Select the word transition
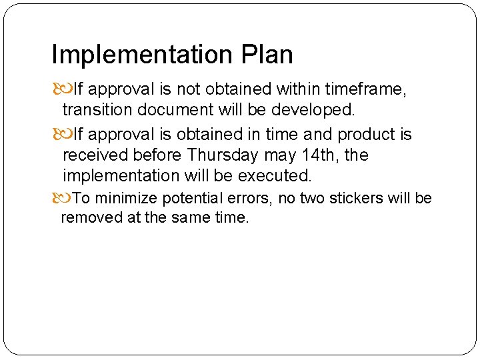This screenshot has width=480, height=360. pyautogui.click(x=96, y=109)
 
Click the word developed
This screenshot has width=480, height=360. pyautogui.click(x=313, y=109)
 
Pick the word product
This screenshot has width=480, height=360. pyautogui.click(x=367, y=135)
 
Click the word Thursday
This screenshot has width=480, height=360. pyautogui.click(x=223, y=155)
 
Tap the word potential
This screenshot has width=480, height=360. pyautogui.click(x=191, y=199)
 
